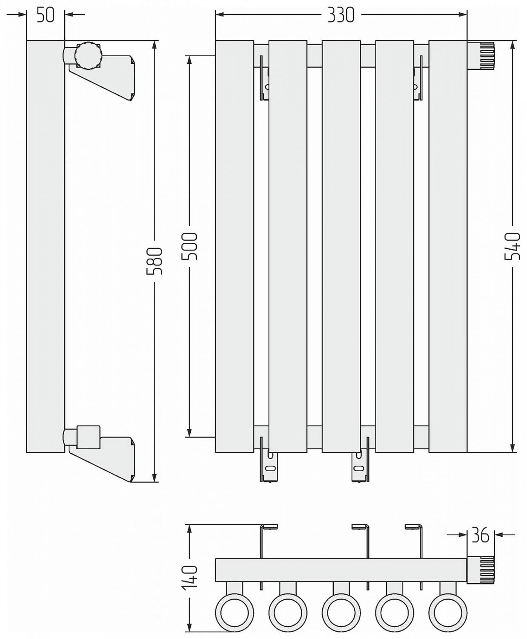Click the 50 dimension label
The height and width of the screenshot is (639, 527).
click(x=46, y=14)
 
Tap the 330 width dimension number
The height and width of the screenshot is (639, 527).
click(x=341, y=14)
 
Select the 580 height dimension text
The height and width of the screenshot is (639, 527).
click(x=155, y=261)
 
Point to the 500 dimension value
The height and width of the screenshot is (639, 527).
click(x=189, y=246)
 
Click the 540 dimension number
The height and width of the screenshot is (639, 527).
click(x=513, y=246)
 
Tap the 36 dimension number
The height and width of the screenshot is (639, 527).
click(x=481, y=544)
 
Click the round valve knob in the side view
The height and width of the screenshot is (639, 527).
click(x=88, y=55)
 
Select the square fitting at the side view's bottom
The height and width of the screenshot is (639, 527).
click(x=88, y=438)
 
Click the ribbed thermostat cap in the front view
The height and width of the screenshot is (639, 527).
click(x=481, y=56)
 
